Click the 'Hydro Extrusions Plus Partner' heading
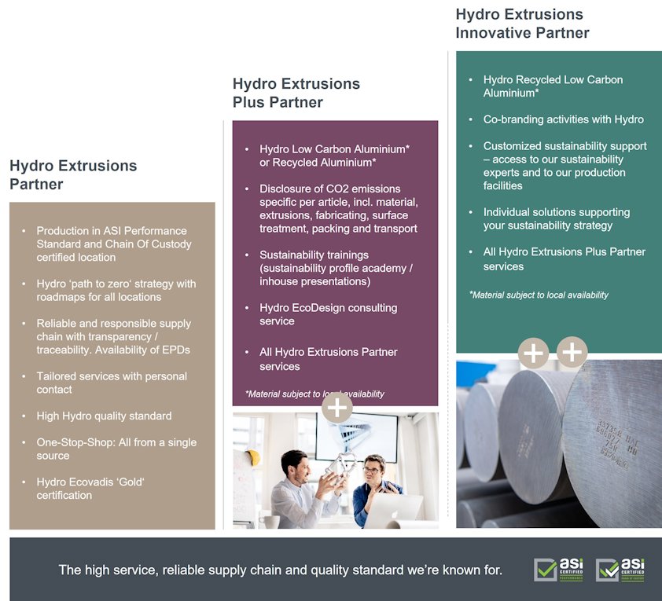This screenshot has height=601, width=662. click(296, 93)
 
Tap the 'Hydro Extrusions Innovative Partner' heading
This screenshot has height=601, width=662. click(522, 24)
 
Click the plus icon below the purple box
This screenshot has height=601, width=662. click(337, 408)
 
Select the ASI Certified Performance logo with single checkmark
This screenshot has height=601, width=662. click(558, 570)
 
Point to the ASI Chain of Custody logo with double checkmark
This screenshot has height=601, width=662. click(620, 570)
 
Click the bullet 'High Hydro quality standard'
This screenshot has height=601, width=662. click(104, 416)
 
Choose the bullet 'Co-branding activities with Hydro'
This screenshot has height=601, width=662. click(563, 119)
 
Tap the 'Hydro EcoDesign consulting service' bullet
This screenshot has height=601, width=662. click(328, 314)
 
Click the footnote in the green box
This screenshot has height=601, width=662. click(539, 295)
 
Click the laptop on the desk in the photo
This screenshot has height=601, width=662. click(393, 511)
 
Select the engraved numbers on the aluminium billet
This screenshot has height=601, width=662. click(616, 443)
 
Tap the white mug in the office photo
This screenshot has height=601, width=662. click(270, 522)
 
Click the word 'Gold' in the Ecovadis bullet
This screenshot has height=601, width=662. click(128, 482)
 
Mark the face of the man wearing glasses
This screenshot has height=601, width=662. click(372, 469)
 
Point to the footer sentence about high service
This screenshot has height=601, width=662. click(281, 570)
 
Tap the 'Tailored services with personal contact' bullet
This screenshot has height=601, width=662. click(112, 383)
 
